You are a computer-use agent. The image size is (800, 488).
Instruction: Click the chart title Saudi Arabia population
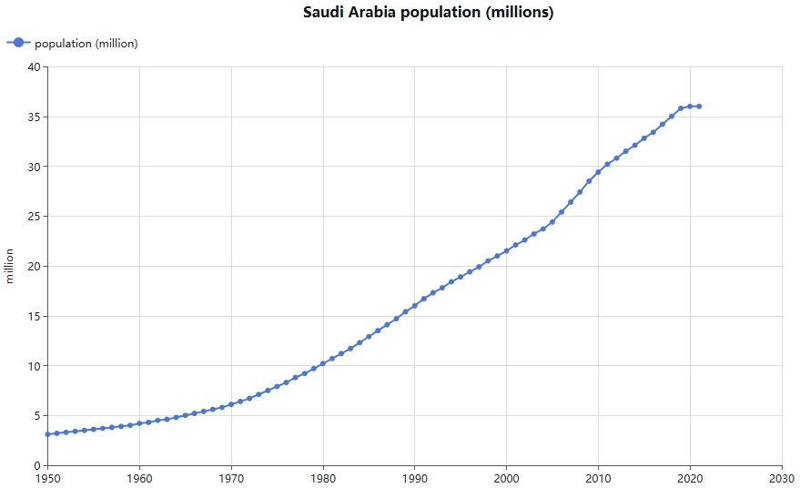428,13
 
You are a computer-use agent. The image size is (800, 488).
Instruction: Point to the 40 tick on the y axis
34,67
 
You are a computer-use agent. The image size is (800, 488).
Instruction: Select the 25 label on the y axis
34,217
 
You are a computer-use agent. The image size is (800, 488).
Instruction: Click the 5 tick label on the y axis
36,416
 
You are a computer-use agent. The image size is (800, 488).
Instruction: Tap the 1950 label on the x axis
47,478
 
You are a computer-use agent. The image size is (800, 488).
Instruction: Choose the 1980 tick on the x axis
323,478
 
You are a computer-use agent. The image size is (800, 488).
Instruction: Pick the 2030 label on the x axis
782,478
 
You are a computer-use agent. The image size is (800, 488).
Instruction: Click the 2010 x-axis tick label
598,478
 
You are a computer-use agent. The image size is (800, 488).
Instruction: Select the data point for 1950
47,434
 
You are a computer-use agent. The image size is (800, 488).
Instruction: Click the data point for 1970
231,404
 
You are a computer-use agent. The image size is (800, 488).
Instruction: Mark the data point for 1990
415,306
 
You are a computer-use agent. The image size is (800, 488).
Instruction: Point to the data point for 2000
507,251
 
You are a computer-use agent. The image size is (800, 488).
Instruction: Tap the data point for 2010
598,172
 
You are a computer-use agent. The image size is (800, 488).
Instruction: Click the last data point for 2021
699,107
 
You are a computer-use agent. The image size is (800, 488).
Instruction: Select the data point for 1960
139,423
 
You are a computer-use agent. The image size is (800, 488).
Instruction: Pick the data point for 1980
323,363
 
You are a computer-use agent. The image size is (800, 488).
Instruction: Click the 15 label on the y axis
34,316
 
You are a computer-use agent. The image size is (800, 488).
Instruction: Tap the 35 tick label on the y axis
34,117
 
